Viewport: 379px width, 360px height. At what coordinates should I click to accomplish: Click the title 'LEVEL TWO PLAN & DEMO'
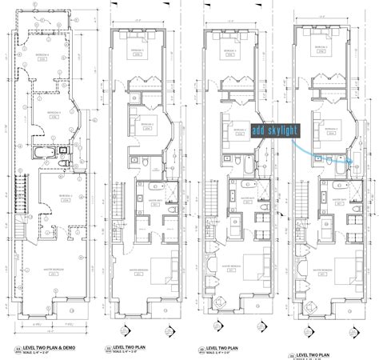point(48,350)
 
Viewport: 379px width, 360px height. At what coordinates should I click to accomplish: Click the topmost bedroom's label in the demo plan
point(46,54)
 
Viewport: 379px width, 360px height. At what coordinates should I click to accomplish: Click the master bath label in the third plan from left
point(240,185)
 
